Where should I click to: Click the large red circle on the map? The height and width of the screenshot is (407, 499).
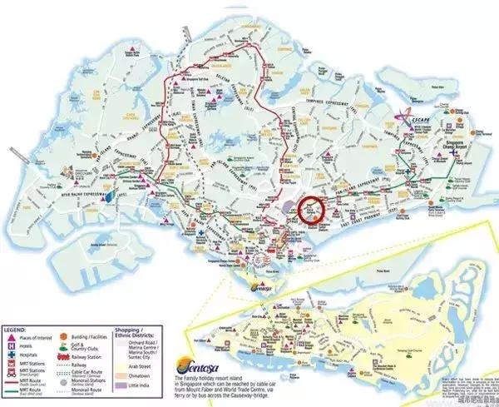point(313,210)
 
